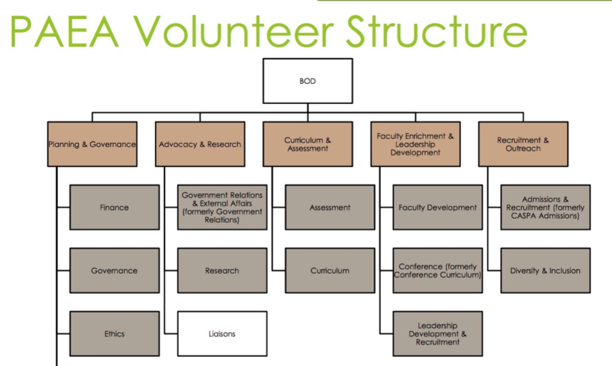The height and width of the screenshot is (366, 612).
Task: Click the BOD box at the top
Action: click(307, 81)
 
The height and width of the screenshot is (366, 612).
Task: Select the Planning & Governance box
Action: click(92, 144)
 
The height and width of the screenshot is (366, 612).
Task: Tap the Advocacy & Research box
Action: click(200, 144)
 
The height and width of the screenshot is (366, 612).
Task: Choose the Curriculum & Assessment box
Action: click(307, 144)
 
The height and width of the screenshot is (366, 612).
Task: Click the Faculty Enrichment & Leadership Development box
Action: click(415, 144)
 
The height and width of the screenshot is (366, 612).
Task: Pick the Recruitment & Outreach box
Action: click(523, 144)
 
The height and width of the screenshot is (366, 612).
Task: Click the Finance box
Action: click(114, 207)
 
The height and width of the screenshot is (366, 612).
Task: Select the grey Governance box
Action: click(114, 270)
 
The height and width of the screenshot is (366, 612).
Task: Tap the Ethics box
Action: click(114, 333)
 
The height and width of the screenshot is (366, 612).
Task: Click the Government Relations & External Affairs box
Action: click(222, 207)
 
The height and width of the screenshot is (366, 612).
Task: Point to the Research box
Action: click(222, 270)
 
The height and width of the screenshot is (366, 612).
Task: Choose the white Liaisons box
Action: click(222, 333)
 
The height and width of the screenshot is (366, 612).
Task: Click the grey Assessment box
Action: click(330, 207)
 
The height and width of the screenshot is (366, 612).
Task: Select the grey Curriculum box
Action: click(330, 270)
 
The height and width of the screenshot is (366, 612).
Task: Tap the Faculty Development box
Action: click(438, 207)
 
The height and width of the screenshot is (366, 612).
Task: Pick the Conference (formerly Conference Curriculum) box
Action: click(438, 270)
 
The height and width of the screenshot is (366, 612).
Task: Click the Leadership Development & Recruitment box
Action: click(438, 333)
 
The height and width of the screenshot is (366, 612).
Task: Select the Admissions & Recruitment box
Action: click(546, 207)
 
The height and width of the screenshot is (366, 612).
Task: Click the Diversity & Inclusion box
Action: click(546, 270)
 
